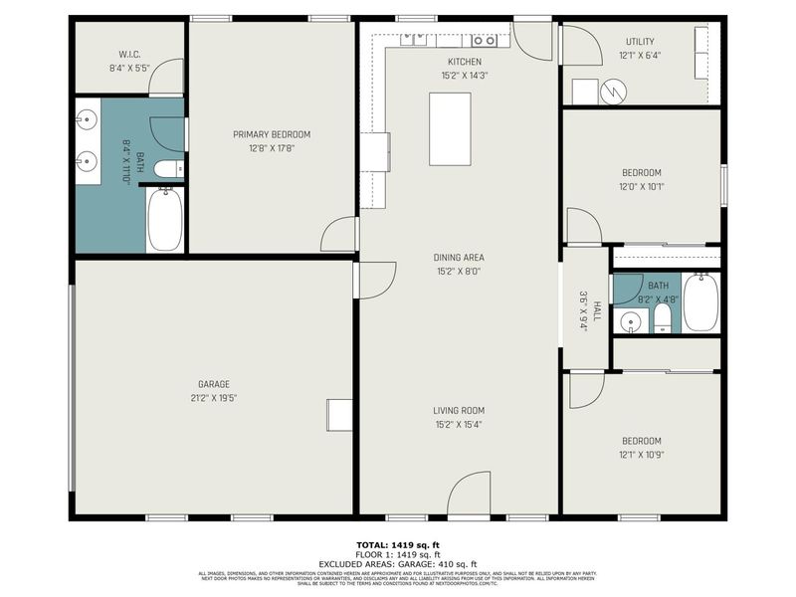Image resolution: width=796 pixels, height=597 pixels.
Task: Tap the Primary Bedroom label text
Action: click(272, 134)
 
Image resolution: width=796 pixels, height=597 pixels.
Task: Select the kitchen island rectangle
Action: click(450, 128)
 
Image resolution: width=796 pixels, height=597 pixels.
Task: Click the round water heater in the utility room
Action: click(615, 92)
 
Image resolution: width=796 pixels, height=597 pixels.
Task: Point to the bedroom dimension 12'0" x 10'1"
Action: click(641, 186)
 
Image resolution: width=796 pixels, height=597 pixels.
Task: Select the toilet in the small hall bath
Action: click(662, 318)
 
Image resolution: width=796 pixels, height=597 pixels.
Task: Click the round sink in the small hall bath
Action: click(629, 320)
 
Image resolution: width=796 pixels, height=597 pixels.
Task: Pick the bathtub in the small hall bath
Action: click(700, 301)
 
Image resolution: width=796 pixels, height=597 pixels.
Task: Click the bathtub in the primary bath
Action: click(165, 219)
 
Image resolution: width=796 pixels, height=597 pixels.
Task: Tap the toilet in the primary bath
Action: click(169, 168)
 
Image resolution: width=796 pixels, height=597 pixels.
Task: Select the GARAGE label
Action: click(213, 384)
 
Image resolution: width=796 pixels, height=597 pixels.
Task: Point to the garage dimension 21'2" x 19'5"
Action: click(213, 398)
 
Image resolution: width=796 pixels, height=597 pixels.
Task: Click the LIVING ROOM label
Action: click(459, 410)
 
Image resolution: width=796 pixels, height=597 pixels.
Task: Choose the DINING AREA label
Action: click(459, 257)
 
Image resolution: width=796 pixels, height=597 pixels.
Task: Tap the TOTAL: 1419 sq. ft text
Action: click(398, 546)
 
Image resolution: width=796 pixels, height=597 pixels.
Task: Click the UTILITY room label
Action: click(640, 41)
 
